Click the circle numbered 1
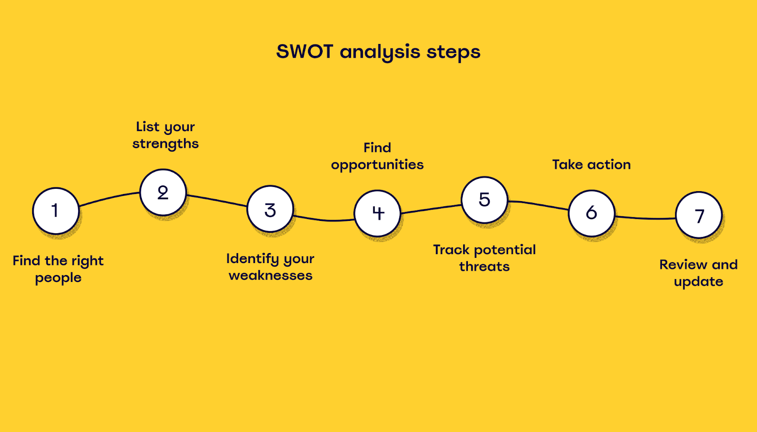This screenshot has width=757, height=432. point(56,211)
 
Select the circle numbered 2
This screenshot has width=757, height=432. point(163,192)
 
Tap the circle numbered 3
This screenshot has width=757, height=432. point(270,209)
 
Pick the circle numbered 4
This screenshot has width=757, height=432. point(378,213)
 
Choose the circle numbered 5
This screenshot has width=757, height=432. point(484,200)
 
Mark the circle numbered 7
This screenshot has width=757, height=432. point(699,215)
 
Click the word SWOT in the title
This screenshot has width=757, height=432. point(305,52)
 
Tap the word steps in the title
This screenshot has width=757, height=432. point(454,53)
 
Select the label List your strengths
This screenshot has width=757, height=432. point(166,135)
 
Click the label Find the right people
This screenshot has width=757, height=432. point(58,269)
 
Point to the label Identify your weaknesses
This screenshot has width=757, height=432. point(270,267)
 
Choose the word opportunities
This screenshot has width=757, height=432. point(377,165)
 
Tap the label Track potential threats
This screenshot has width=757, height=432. point(484,258)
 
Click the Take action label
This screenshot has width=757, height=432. point(591,165)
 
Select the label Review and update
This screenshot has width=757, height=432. point(698,273)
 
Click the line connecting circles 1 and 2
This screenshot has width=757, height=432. point(109,197)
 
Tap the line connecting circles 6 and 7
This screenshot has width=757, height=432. point(645,219)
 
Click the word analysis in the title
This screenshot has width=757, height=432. point(380,53)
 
